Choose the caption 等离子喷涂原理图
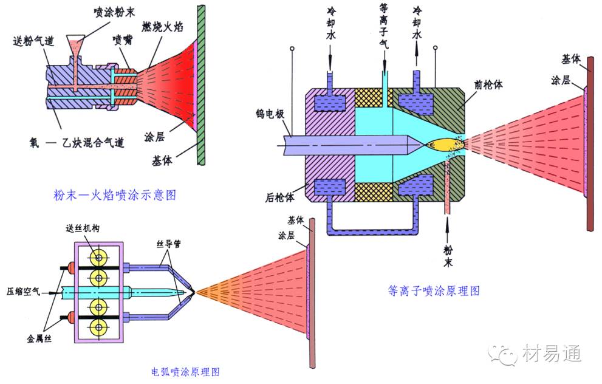(434, 290)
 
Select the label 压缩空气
(23, 292)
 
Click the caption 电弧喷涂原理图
(184, 371)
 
